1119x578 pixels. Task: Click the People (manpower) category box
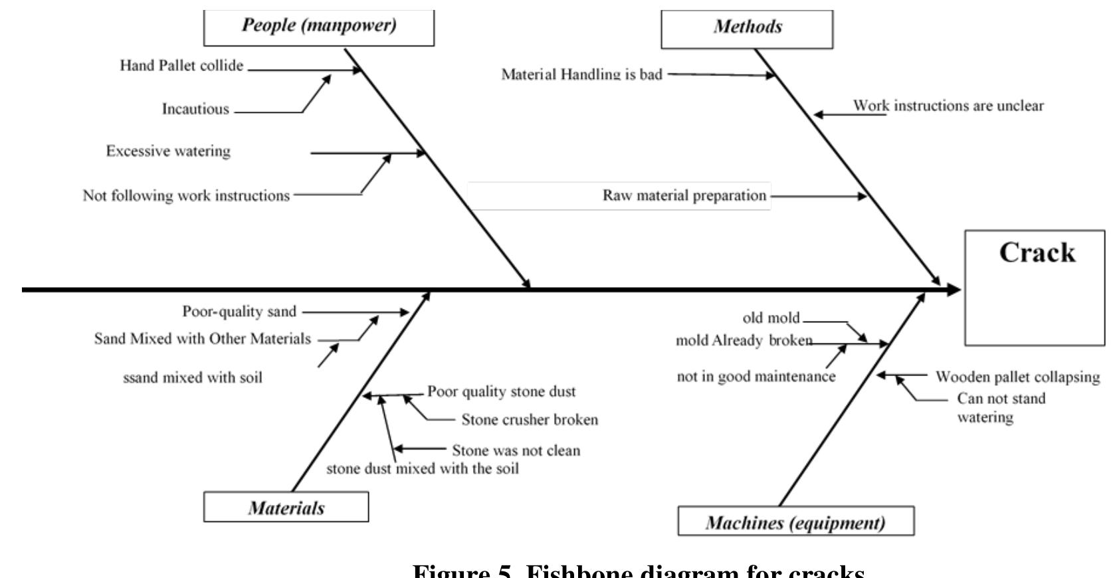(x=318, y=27)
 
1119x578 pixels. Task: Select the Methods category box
(x=747, y=28)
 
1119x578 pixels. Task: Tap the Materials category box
(x=286, y=508)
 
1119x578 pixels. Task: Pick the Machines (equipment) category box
(x=795, y=522)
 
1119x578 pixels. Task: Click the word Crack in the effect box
(x=1037, y=252)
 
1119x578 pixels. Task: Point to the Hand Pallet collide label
(x=181, y=66)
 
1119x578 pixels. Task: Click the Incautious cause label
(x=195, y=109)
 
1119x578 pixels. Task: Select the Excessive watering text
(x=168, y=151)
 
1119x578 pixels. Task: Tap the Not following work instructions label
(x=186, y=196)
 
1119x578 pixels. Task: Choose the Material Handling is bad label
(x=581, y=74)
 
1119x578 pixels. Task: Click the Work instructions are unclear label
(x=948, y=106)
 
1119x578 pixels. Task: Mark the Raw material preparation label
(x=684, y=196)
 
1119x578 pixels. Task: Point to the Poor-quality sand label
(x=239, y=312)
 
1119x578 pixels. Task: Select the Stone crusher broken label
(x=530, y=420)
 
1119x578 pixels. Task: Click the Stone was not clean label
(x=516, y=450)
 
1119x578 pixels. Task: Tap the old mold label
(x=771, y=318)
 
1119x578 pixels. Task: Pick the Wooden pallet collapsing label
(x=1017, y=377)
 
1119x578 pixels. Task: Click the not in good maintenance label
(x=756, y=377)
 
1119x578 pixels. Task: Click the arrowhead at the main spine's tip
(x=954, y=290)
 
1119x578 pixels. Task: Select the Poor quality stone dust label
(x=501, y=392)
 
